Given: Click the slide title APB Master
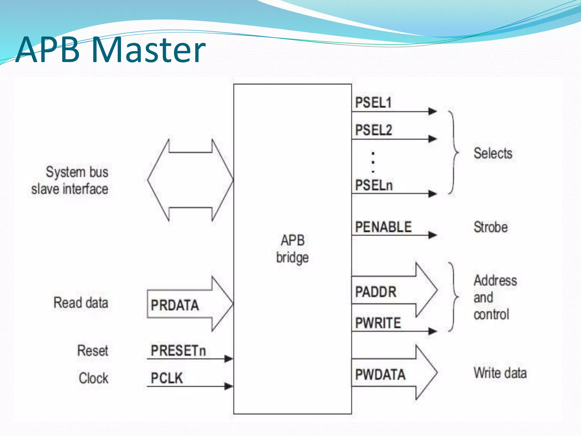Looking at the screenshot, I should pyautogui.click(x=111, y=50).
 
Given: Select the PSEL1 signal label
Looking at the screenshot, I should pyautogui.click(x=373, y=102).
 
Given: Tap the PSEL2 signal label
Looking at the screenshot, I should pyautogui.click(x=374, y=130).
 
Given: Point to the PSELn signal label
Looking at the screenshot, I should pyautogui.click(x=374, y=186).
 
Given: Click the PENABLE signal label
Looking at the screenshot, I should pyautogui.click(x=383, y=227).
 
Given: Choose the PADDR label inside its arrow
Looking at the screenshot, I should pyautogui.click(x=376, y=292).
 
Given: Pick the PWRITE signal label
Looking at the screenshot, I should pyautogui.click(x=378, y=323).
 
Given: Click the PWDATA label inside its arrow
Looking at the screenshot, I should pyautogui.click(x=380, y=374).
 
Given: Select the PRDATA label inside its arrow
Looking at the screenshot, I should pyautogui.click(x=175, y=305).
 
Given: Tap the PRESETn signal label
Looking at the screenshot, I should pyautogui.click(x=178, y=351).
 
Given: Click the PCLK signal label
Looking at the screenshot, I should pyautogui.click(x=167, y=378).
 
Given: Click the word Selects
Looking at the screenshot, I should pyautogui.click(x=493, y=154).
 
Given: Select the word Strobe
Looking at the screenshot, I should pyautogui.click(x=491, y=227).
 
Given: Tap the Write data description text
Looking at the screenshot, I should pyautogui.click(x=500, y=373).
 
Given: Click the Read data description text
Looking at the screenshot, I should pyautogui.click(x=81, y=303).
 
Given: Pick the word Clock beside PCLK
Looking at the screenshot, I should pyautogui.click(x=94, y=378).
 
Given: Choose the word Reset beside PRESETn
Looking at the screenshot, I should pyautogui.click(x=93, y=351).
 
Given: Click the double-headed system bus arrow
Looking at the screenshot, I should pyautogui.click(x=190, y=180).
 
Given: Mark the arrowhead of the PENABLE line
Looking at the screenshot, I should pyautogui.click(x=432, y=235).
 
